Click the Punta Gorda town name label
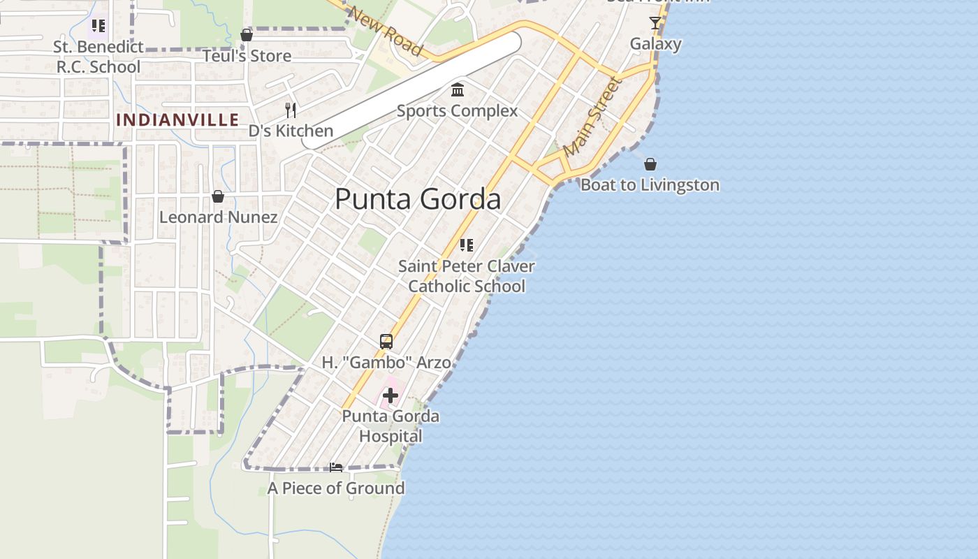418,199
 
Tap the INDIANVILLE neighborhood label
177,119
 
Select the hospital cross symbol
390,395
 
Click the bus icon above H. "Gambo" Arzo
386,342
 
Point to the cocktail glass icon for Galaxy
655,23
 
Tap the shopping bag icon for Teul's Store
247,35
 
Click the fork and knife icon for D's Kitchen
291,110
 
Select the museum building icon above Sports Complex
458,89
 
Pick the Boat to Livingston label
650,185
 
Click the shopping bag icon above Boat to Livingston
650,164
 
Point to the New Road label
385,31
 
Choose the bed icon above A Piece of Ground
336,467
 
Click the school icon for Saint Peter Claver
467,245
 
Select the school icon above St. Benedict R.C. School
98,27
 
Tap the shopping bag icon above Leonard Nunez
218,196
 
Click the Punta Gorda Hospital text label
391,426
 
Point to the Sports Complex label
458,111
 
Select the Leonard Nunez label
218,217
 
